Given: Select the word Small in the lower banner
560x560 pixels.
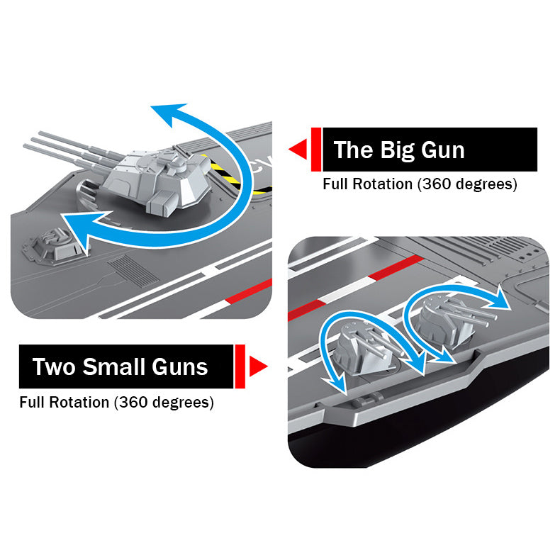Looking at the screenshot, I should pyautogui.click(x=112, y=366).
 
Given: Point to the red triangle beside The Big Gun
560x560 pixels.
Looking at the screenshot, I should pyautogui.click(x=298, y=149).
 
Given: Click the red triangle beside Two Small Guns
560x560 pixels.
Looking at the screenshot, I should pyautogui.click(x=258, y=366).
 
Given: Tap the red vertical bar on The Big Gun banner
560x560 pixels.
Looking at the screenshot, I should pyautogui.click(x=316, y=150).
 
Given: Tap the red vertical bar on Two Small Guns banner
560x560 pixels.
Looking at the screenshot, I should pyautogui.click(x=240, y=366).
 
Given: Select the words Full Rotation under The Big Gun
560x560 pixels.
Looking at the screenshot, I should pyautogui.click(x=367, y=184).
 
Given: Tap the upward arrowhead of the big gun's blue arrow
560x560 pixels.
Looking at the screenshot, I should pyautogui.click(x=164, y=113).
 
